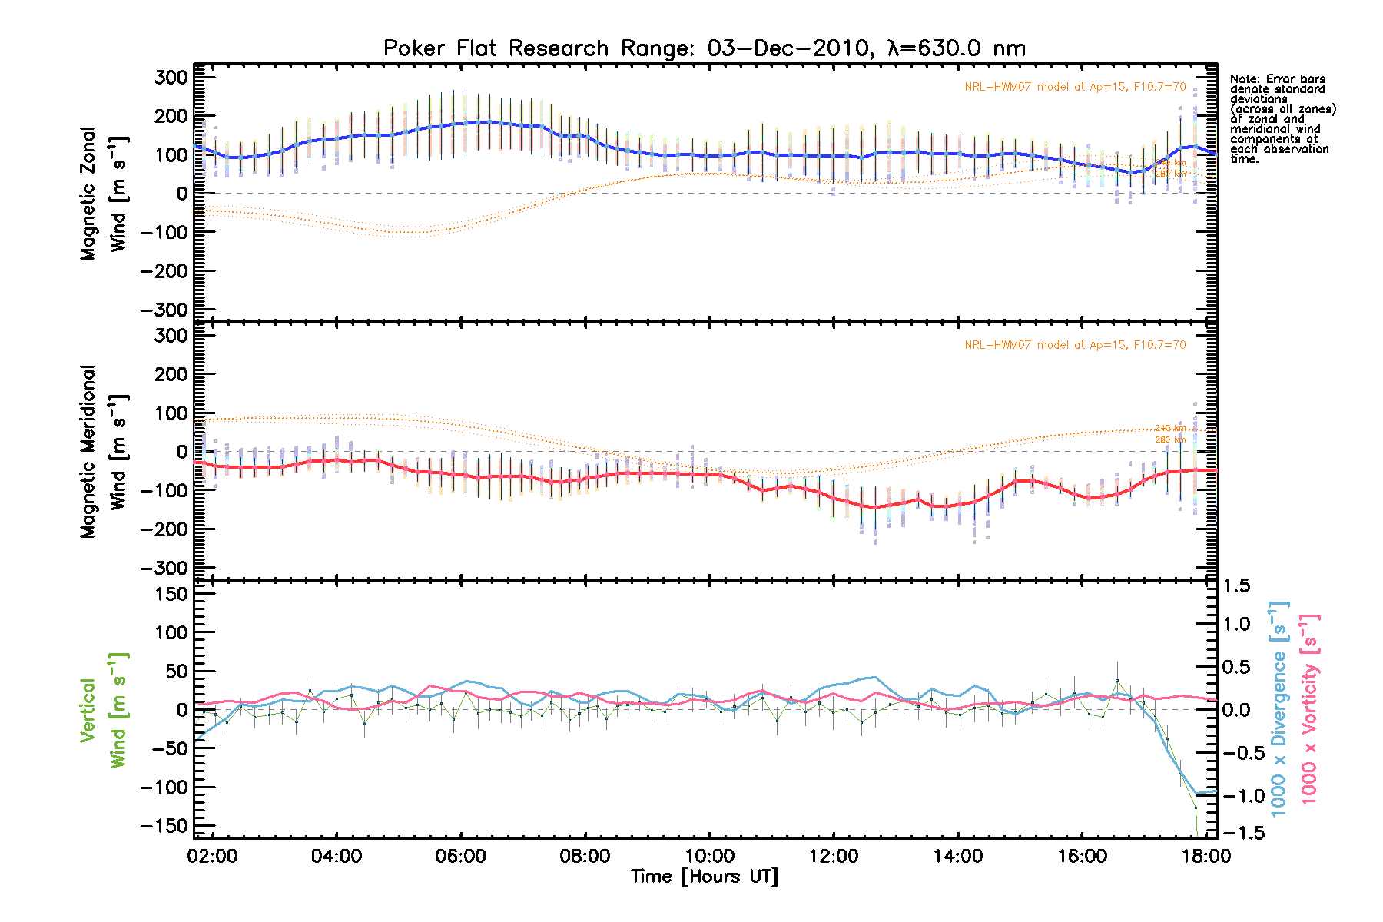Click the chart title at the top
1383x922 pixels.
click(705, 48)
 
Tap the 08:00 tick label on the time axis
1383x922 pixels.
click(585, 856)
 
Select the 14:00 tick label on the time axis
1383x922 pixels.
click(957, 856)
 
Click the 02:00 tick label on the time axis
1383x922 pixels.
click(212, 856)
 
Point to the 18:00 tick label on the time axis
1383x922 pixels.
click(1206, 856)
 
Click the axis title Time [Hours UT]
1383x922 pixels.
click(705, 877)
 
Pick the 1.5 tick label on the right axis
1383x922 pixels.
click(1236, 586)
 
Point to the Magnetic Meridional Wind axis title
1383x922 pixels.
click(104, 451)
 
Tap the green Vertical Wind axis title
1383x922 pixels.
click(104, 711)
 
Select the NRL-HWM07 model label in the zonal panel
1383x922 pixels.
click(1075, 87)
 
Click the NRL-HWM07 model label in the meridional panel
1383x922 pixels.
click(1075, 345)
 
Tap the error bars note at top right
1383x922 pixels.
click(1282, 119)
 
